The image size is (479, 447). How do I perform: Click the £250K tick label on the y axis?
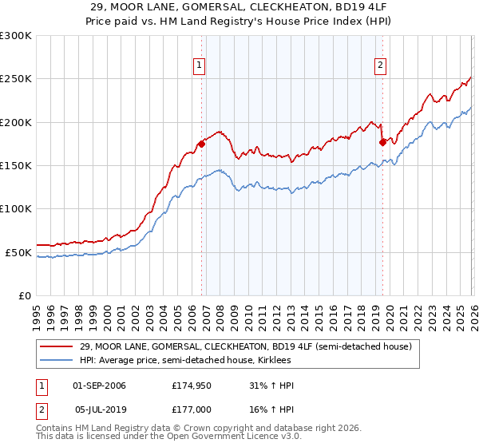click(16, 79)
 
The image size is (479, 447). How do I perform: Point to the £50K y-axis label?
click(18, 252)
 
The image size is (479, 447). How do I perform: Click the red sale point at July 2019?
click(382, 142)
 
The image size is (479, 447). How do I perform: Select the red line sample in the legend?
click(56, 347)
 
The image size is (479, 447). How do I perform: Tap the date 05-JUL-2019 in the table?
click(100, 409)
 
